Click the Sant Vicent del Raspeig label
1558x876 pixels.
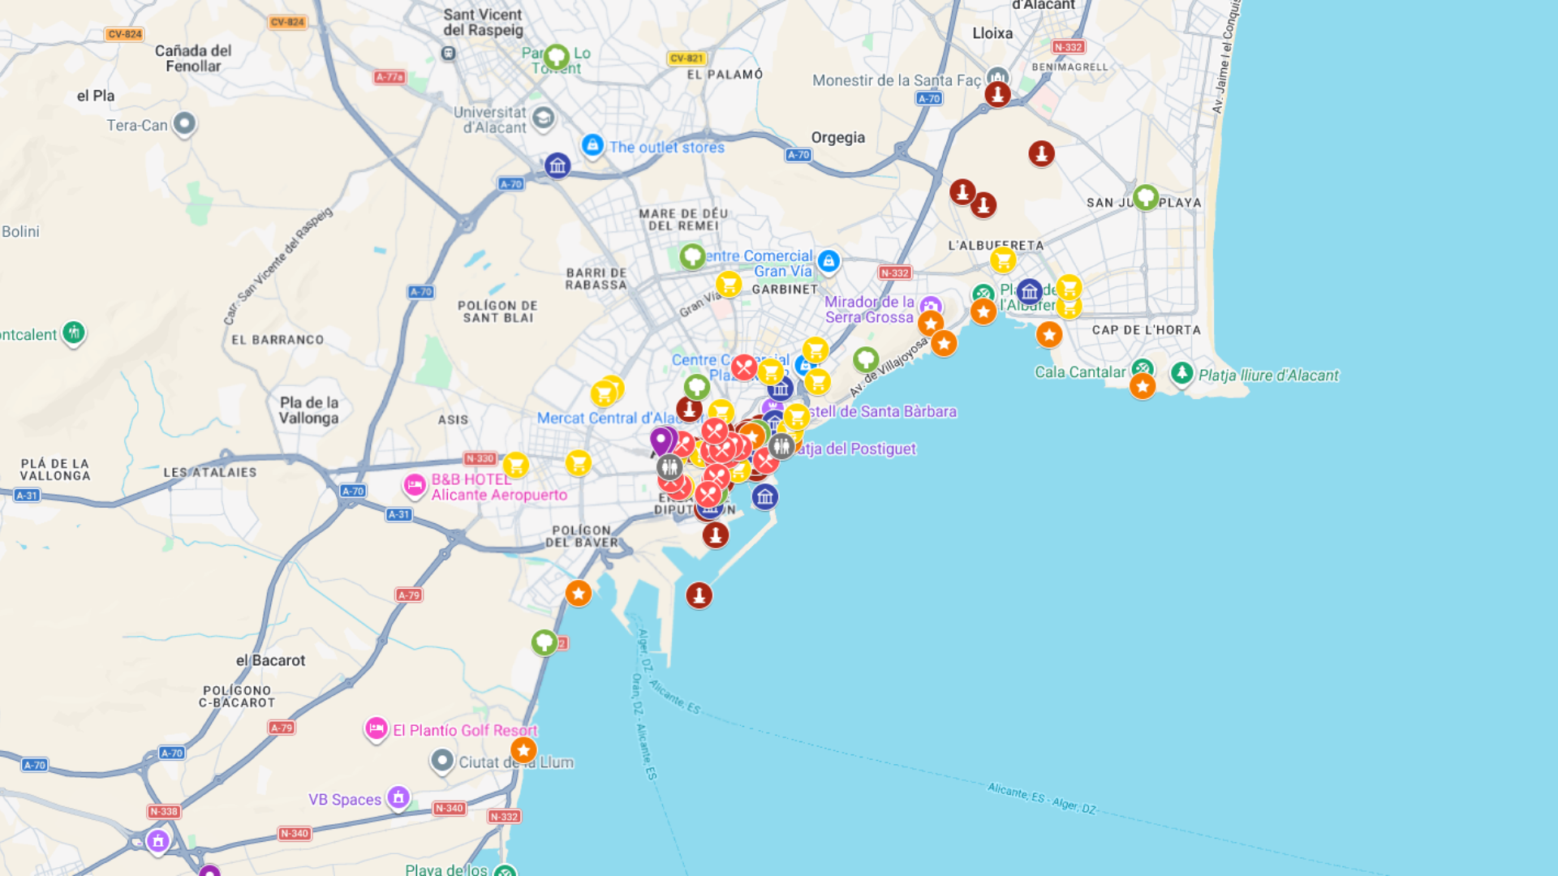point(483,22)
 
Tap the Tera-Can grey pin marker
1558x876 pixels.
point(184,123)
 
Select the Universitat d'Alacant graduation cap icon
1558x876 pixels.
point(544,118)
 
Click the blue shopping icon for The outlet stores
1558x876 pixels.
point(592,146)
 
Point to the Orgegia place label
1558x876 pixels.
point(837,137)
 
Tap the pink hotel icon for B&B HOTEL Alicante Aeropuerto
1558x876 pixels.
point(415,485)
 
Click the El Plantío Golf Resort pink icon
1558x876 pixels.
point(376,729)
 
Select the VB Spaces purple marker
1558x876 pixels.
point(398,797)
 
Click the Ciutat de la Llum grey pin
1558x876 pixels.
point(442,761)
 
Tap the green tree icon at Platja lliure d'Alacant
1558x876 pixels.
point(1181,373)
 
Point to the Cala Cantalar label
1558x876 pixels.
point(1079,372)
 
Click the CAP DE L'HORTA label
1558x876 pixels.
point(1146,330)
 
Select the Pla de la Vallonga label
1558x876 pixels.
point(308,410)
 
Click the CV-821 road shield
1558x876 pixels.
point(686,58)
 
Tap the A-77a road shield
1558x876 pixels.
point(389,77)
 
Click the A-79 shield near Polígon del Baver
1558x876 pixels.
point(408,595)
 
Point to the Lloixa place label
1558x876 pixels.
point(992,33)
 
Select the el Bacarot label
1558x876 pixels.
point(270,660)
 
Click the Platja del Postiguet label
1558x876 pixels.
point(856,449)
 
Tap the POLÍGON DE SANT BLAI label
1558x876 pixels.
point(497,311)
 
